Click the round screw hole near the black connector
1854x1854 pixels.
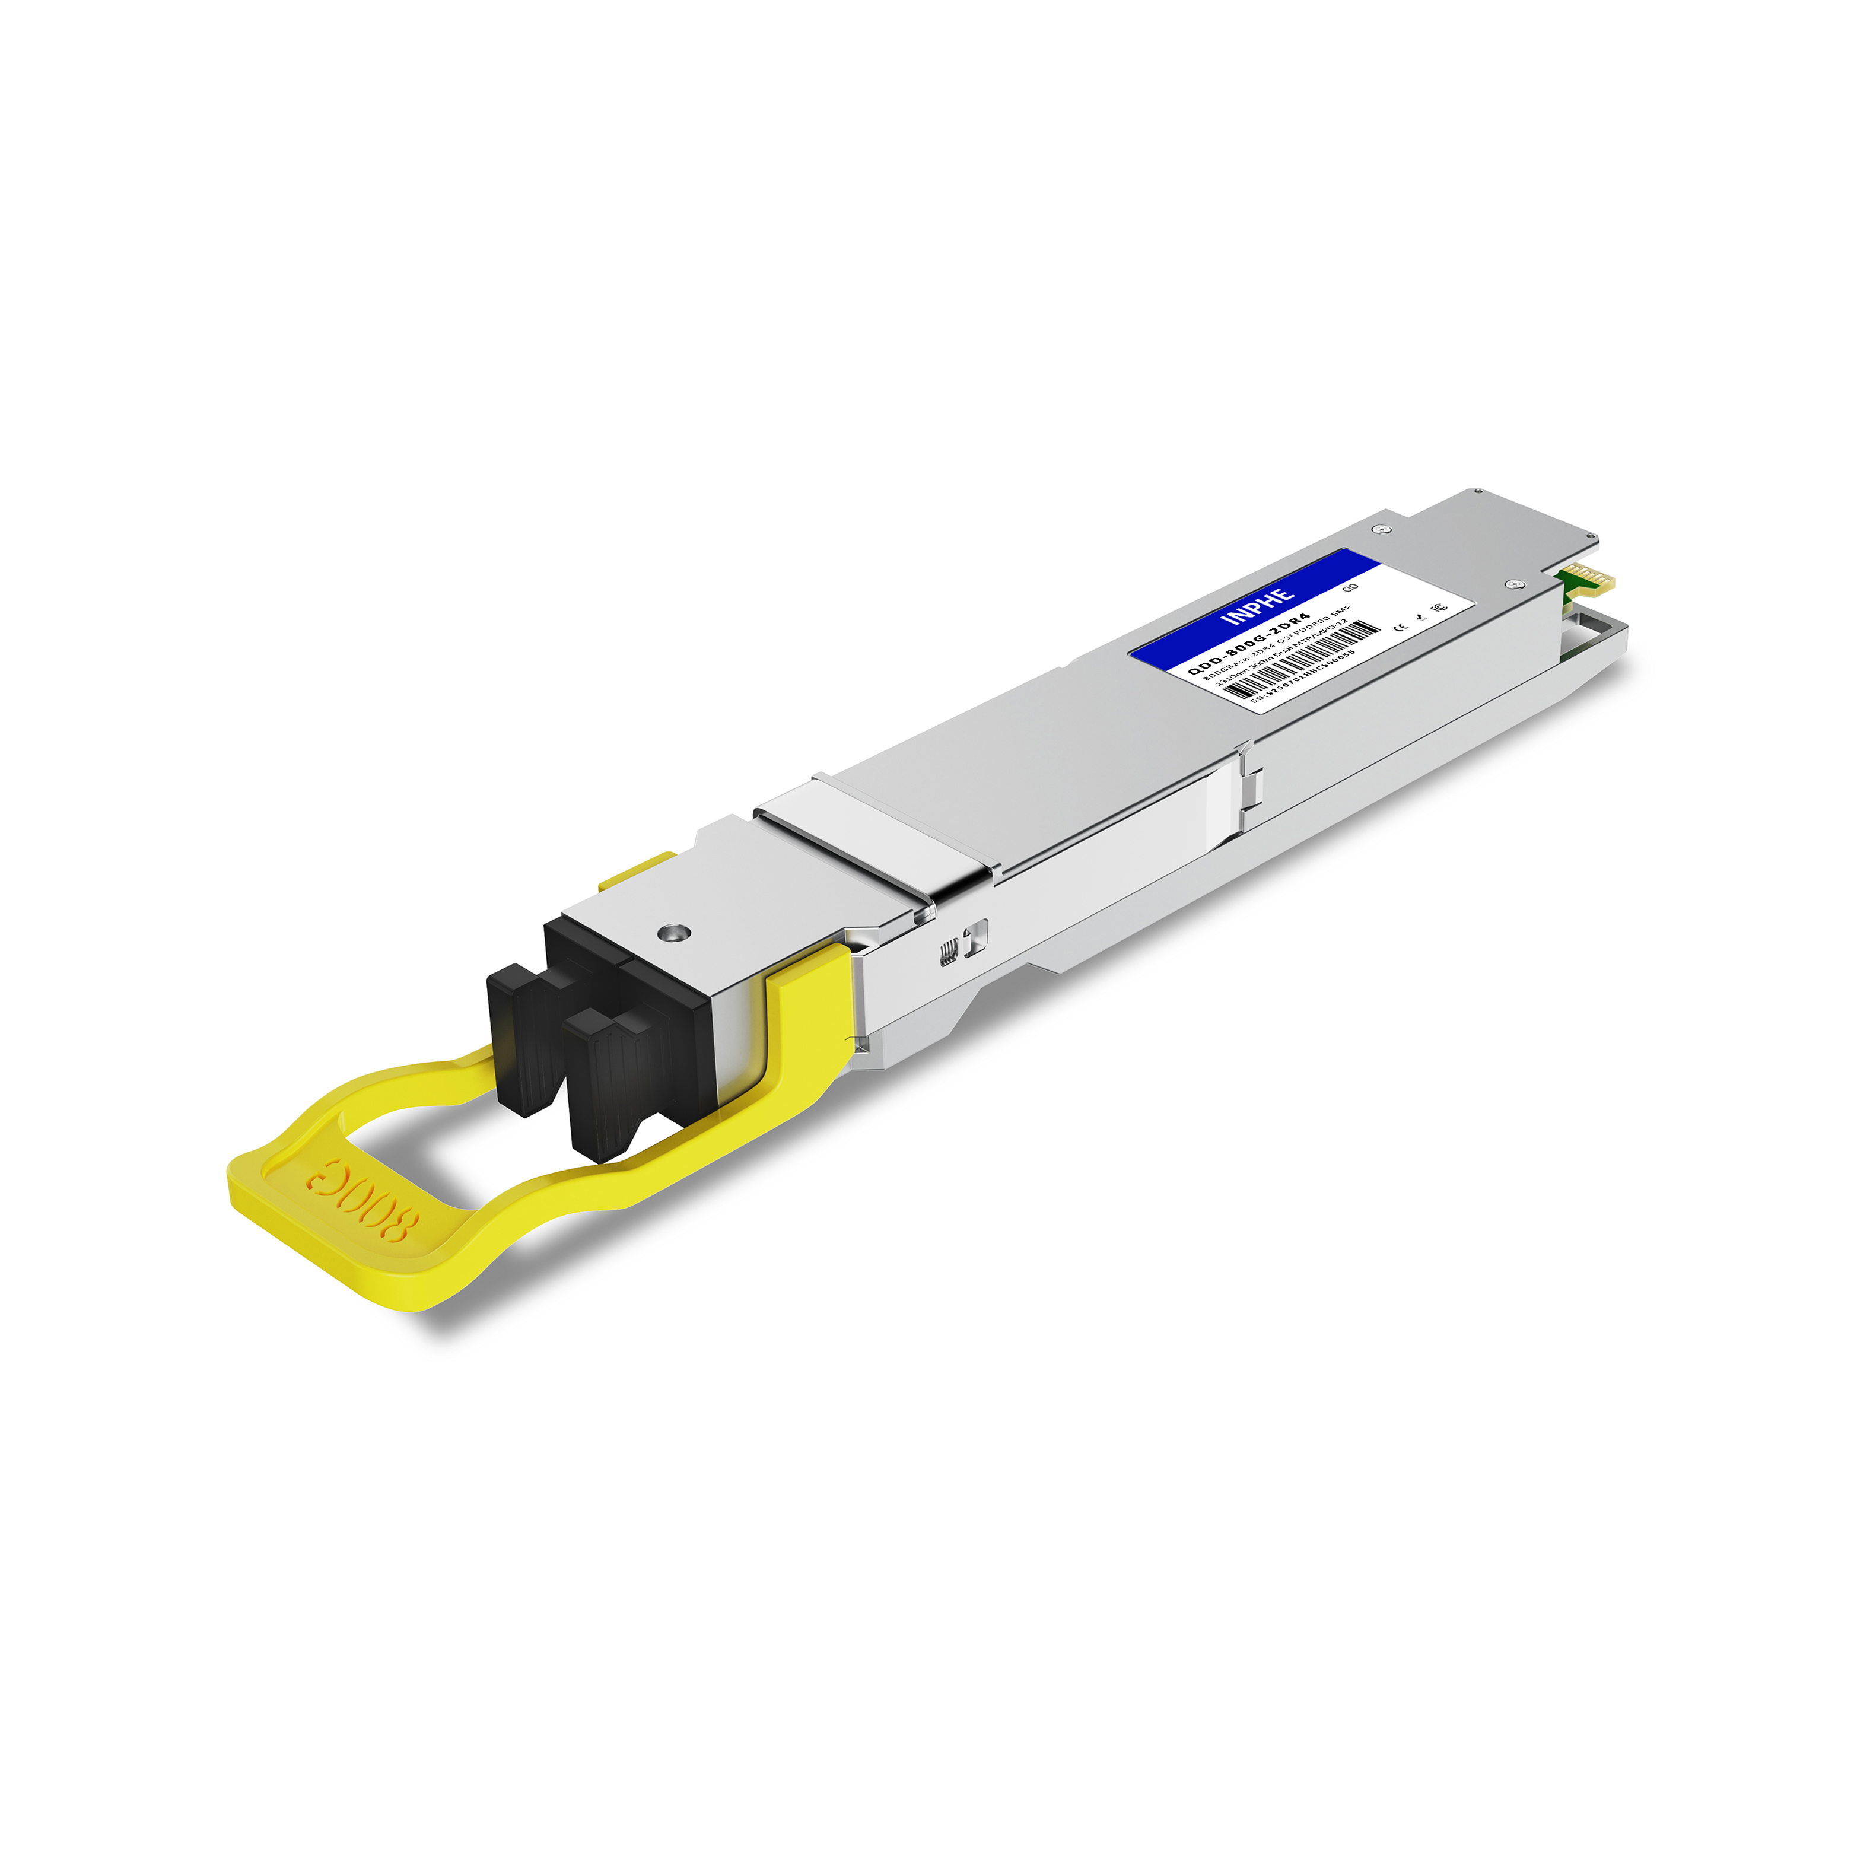pyautogui.click(x=675, y=932)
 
